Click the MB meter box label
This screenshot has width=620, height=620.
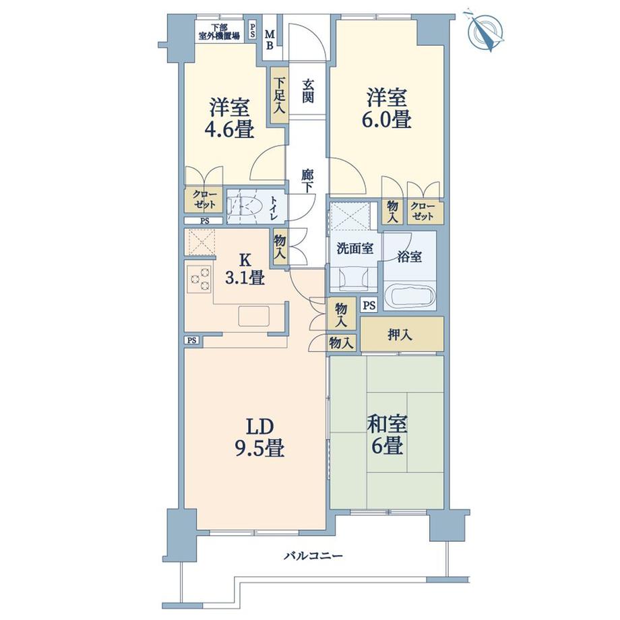pyautogui.click(x=269, y=40)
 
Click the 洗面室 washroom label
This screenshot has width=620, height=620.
pyautogui.click(x=354, y=248)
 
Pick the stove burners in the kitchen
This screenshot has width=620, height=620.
pyautogui.click(x=200, y=279)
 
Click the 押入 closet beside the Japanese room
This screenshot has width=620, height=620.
pyautogui.click(x=402, y=334)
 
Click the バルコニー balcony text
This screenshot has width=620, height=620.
pyautogui.click(x=313, y=556)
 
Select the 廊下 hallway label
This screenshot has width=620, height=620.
pyautogui.click(x=307, y=181)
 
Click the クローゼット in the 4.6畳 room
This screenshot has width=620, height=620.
pyautogui.click(x=203, y=199)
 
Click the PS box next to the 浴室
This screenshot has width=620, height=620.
pyautogui.click(x=369, y=305)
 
